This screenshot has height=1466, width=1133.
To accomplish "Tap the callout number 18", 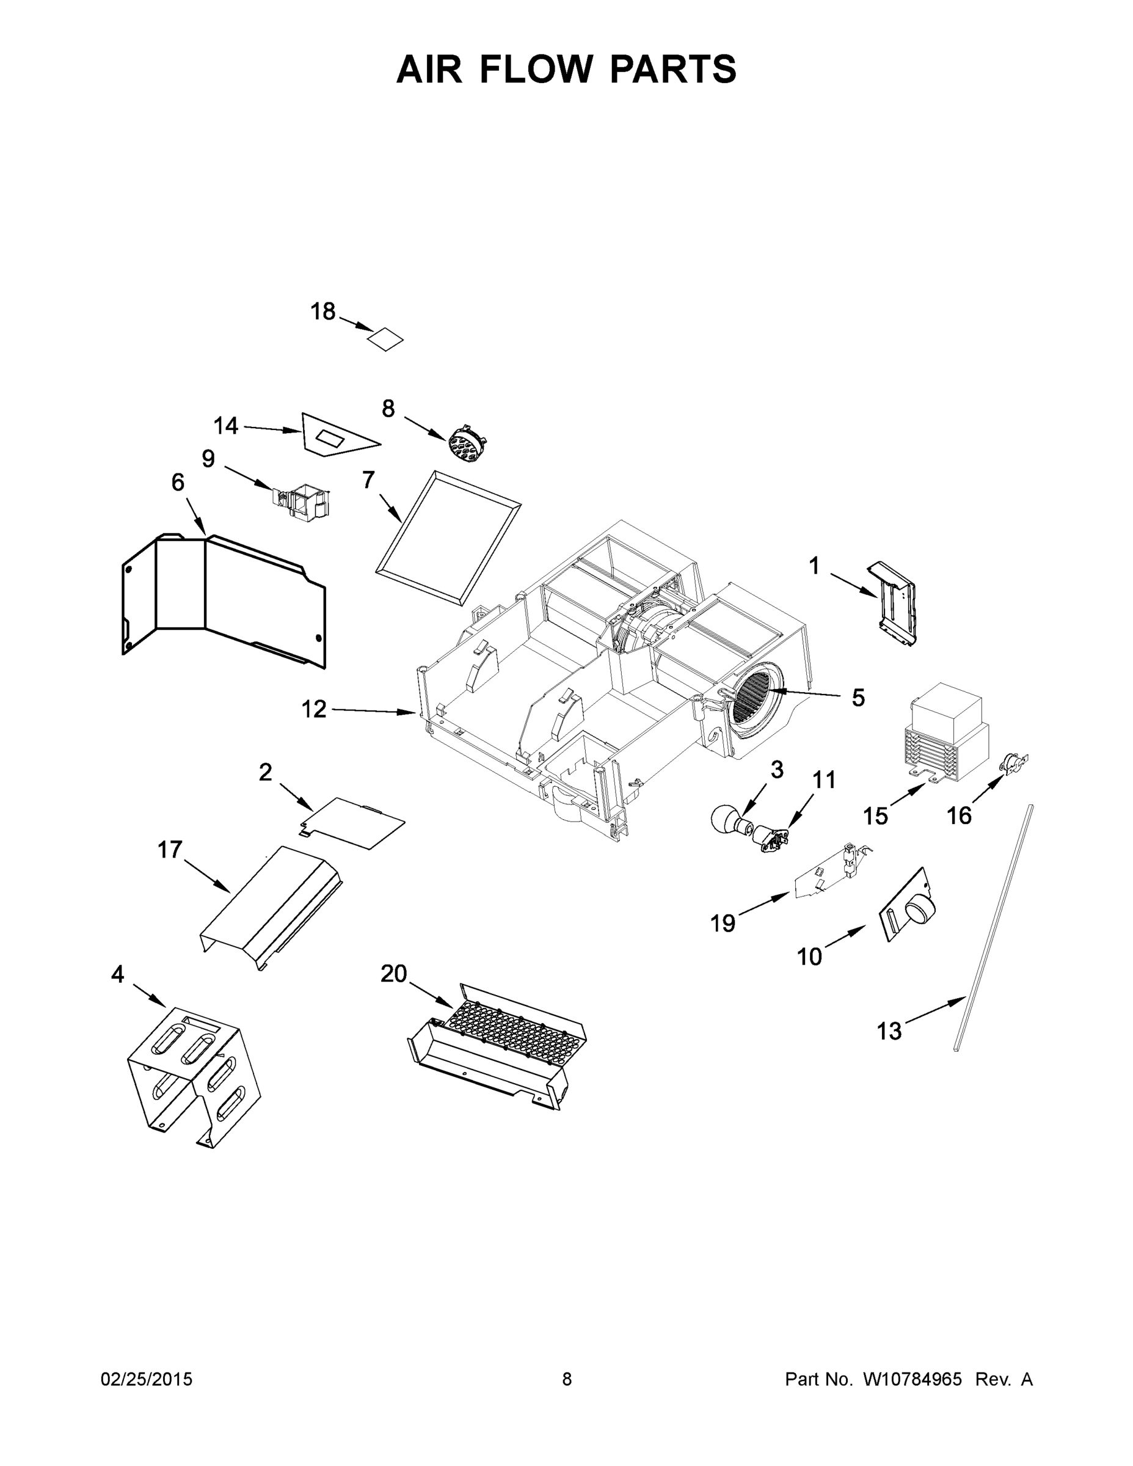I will pos(323,312).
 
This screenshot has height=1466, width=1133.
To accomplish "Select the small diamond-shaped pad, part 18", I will pos(385,339).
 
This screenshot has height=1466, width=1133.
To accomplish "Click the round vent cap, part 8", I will pos(466,443).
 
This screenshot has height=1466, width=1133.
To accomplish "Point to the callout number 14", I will pos(226,426).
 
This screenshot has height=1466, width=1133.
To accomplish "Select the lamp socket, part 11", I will pos(769,839).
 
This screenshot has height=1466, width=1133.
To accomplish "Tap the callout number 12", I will pos(313,709).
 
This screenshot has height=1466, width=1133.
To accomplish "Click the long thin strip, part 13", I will pos(993,926).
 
